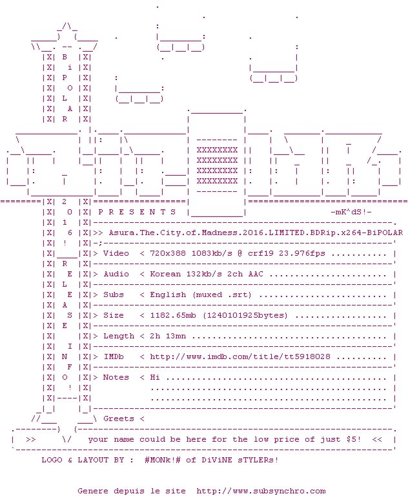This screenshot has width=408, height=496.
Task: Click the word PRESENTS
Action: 137,212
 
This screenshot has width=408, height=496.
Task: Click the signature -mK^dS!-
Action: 351,212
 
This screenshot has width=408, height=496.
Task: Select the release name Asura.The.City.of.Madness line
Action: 256,232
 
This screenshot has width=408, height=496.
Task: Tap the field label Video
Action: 116,253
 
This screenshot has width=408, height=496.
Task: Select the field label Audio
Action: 116,274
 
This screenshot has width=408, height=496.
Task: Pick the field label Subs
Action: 114,294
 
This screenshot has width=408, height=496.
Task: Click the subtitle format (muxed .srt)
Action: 222,294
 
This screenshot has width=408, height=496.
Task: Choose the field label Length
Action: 119,336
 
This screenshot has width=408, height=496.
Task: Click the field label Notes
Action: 116,377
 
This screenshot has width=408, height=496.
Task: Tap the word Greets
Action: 119,418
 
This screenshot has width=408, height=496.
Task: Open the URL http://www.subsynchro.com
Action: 261,491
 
